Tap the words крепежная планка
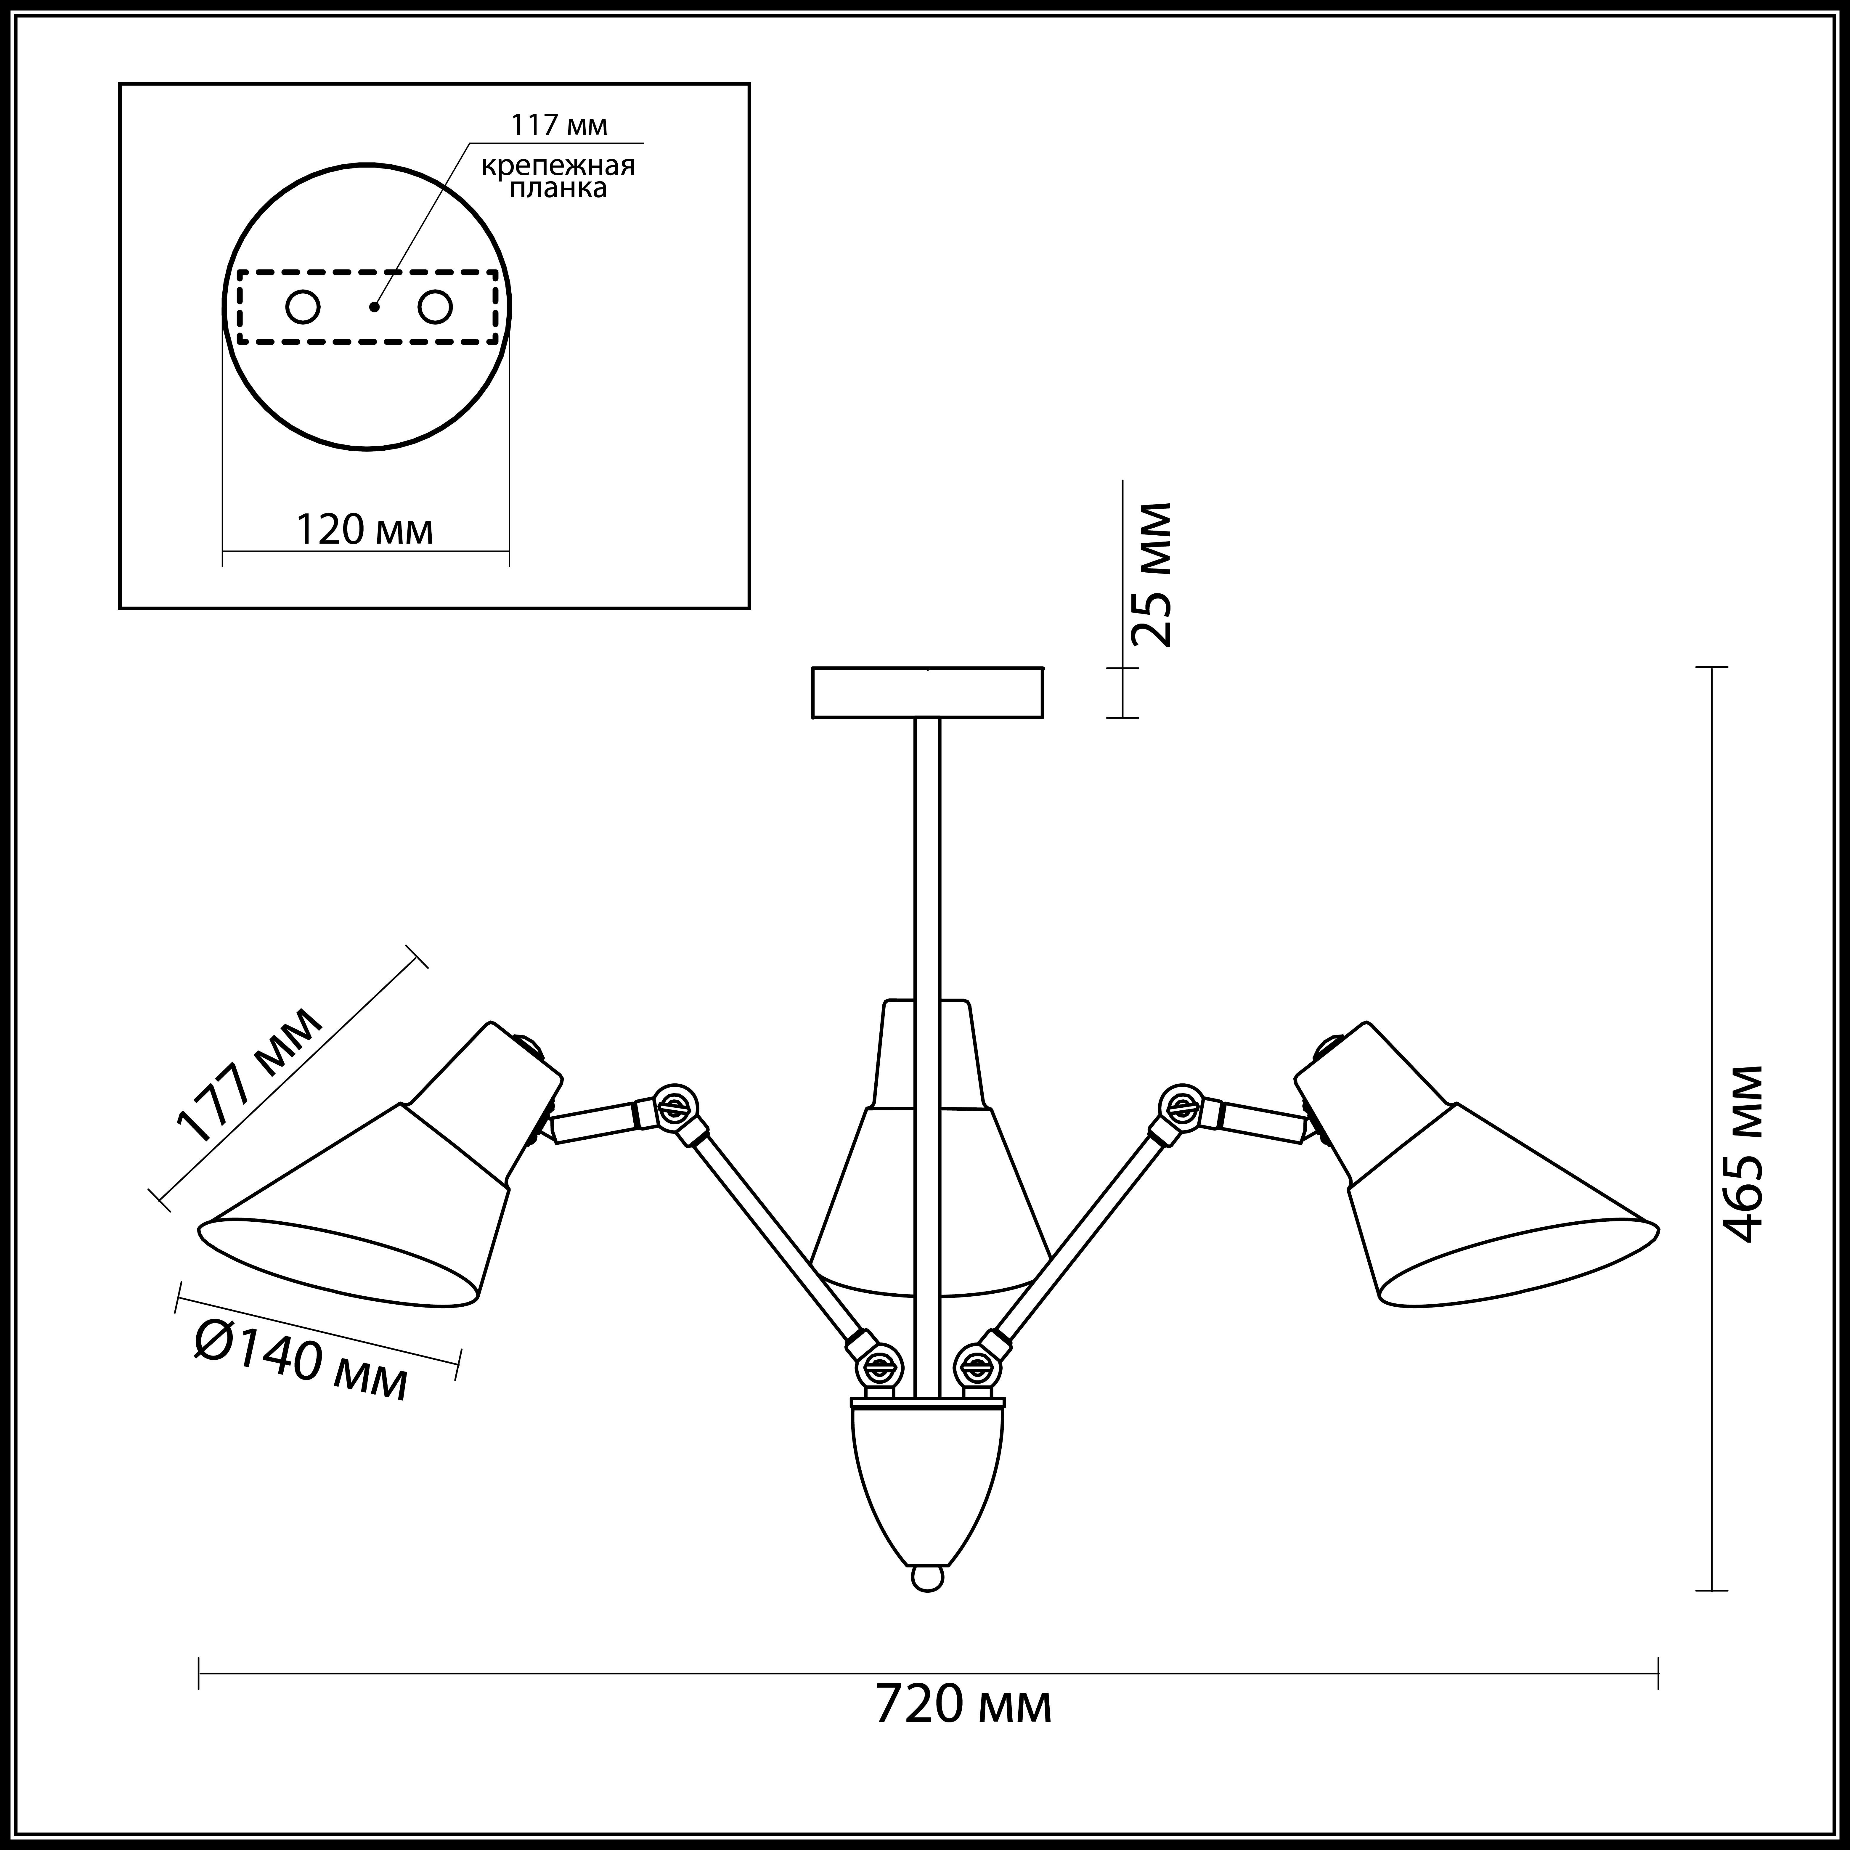[558, 176]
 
